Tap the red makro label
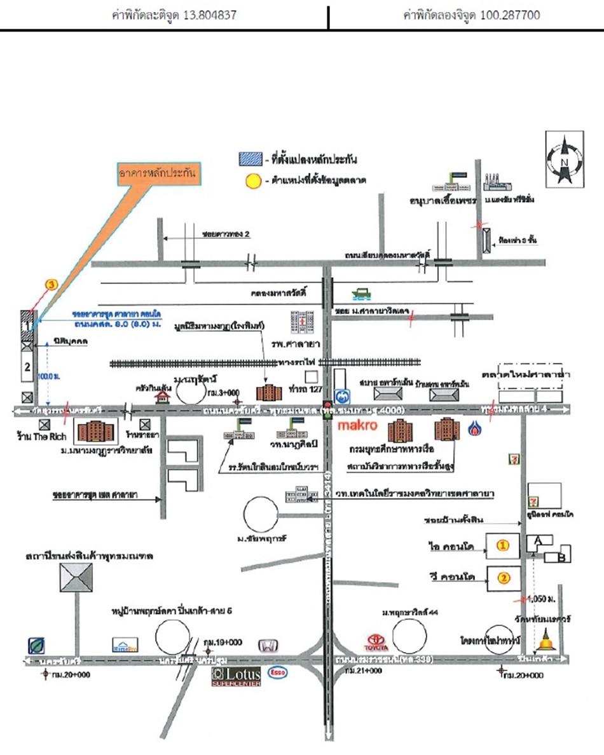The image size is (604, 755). coord(357,423)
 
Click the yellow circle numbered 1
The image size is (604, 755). coord(503,545)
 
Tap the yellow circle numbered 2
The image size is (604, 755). coord(503,578)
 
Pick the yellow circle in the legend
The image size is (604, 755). coord(253,180)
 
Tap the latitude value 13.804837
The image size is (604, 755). coord(209,14)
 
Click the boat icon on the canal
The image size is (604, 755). coord(360,294)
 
